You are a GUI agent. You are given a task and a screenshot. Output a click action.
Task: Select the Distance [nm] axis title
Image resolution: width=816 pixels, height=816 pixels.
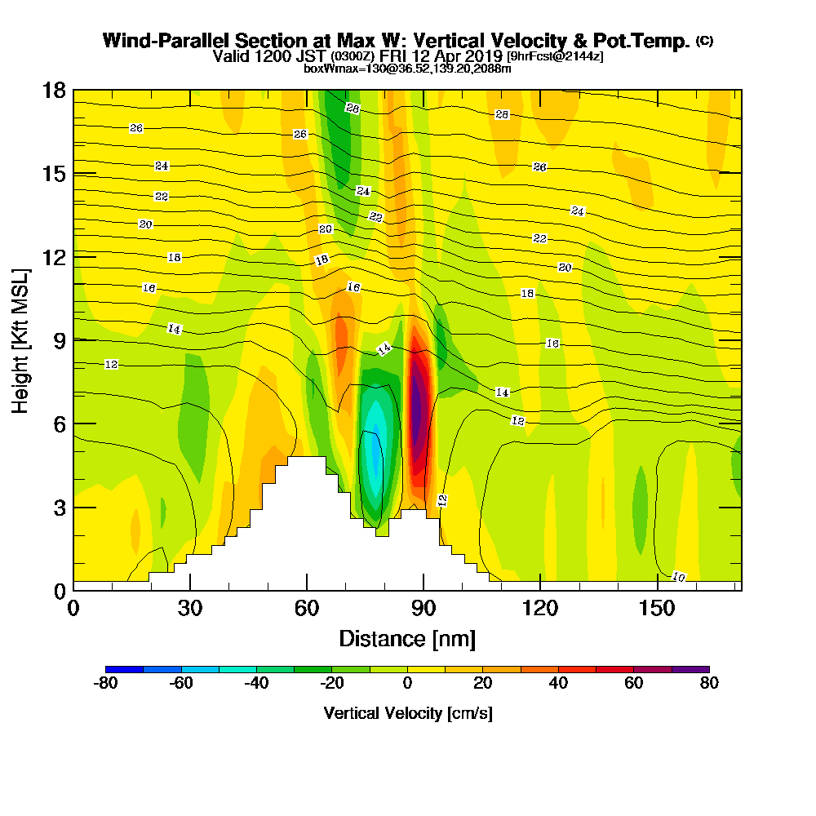[x=407, y=637]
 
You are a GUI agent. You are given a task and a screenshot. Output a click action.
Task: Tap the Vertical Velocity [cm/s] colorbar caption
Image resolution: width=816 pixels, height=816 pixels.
[x=407, y=713]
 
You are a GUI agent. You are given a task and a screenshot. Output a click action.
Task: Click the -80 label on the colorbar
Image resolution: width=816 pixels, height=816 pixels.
[x=106, y=684]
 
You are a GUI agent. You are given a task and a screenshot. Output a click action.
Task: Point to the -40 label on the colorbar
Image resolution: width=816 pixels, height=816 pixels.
[x=256, y=684]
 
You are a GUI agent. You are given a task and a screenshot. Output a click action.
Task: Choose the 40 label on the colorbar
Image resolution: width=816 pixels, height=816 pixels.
[x=558, y=684]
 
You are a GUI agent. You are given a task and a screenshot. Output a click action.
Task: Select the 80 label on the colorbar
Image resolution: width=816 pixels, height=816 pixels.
[x=709, y=684]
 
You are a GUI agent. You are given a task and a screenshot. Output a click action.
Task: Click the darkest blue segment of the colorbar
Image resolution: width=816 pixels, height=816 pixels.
[x=125, y=669]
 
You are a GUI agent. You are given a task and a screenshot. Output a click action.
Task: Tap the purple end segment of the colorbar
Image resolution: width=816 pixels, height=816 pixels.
[x=690, y=669]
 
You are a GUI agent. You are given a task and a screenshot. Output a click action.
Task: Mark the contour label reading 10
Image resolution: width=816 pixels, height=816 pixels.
[x=678, y=577]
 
